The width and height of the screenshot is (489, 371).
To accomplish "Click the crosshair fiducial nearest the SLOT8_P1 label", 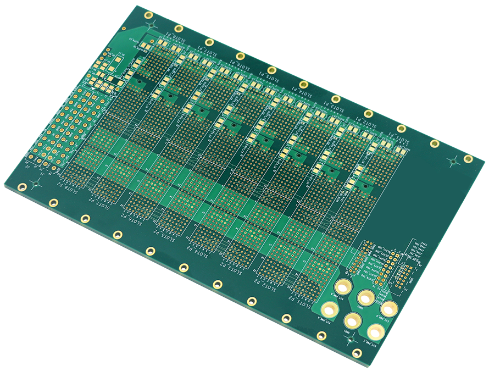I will coord(152,25).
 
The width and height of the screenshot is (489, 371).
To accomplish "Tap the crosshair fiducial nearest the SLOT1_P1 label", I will coord(454,162).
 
